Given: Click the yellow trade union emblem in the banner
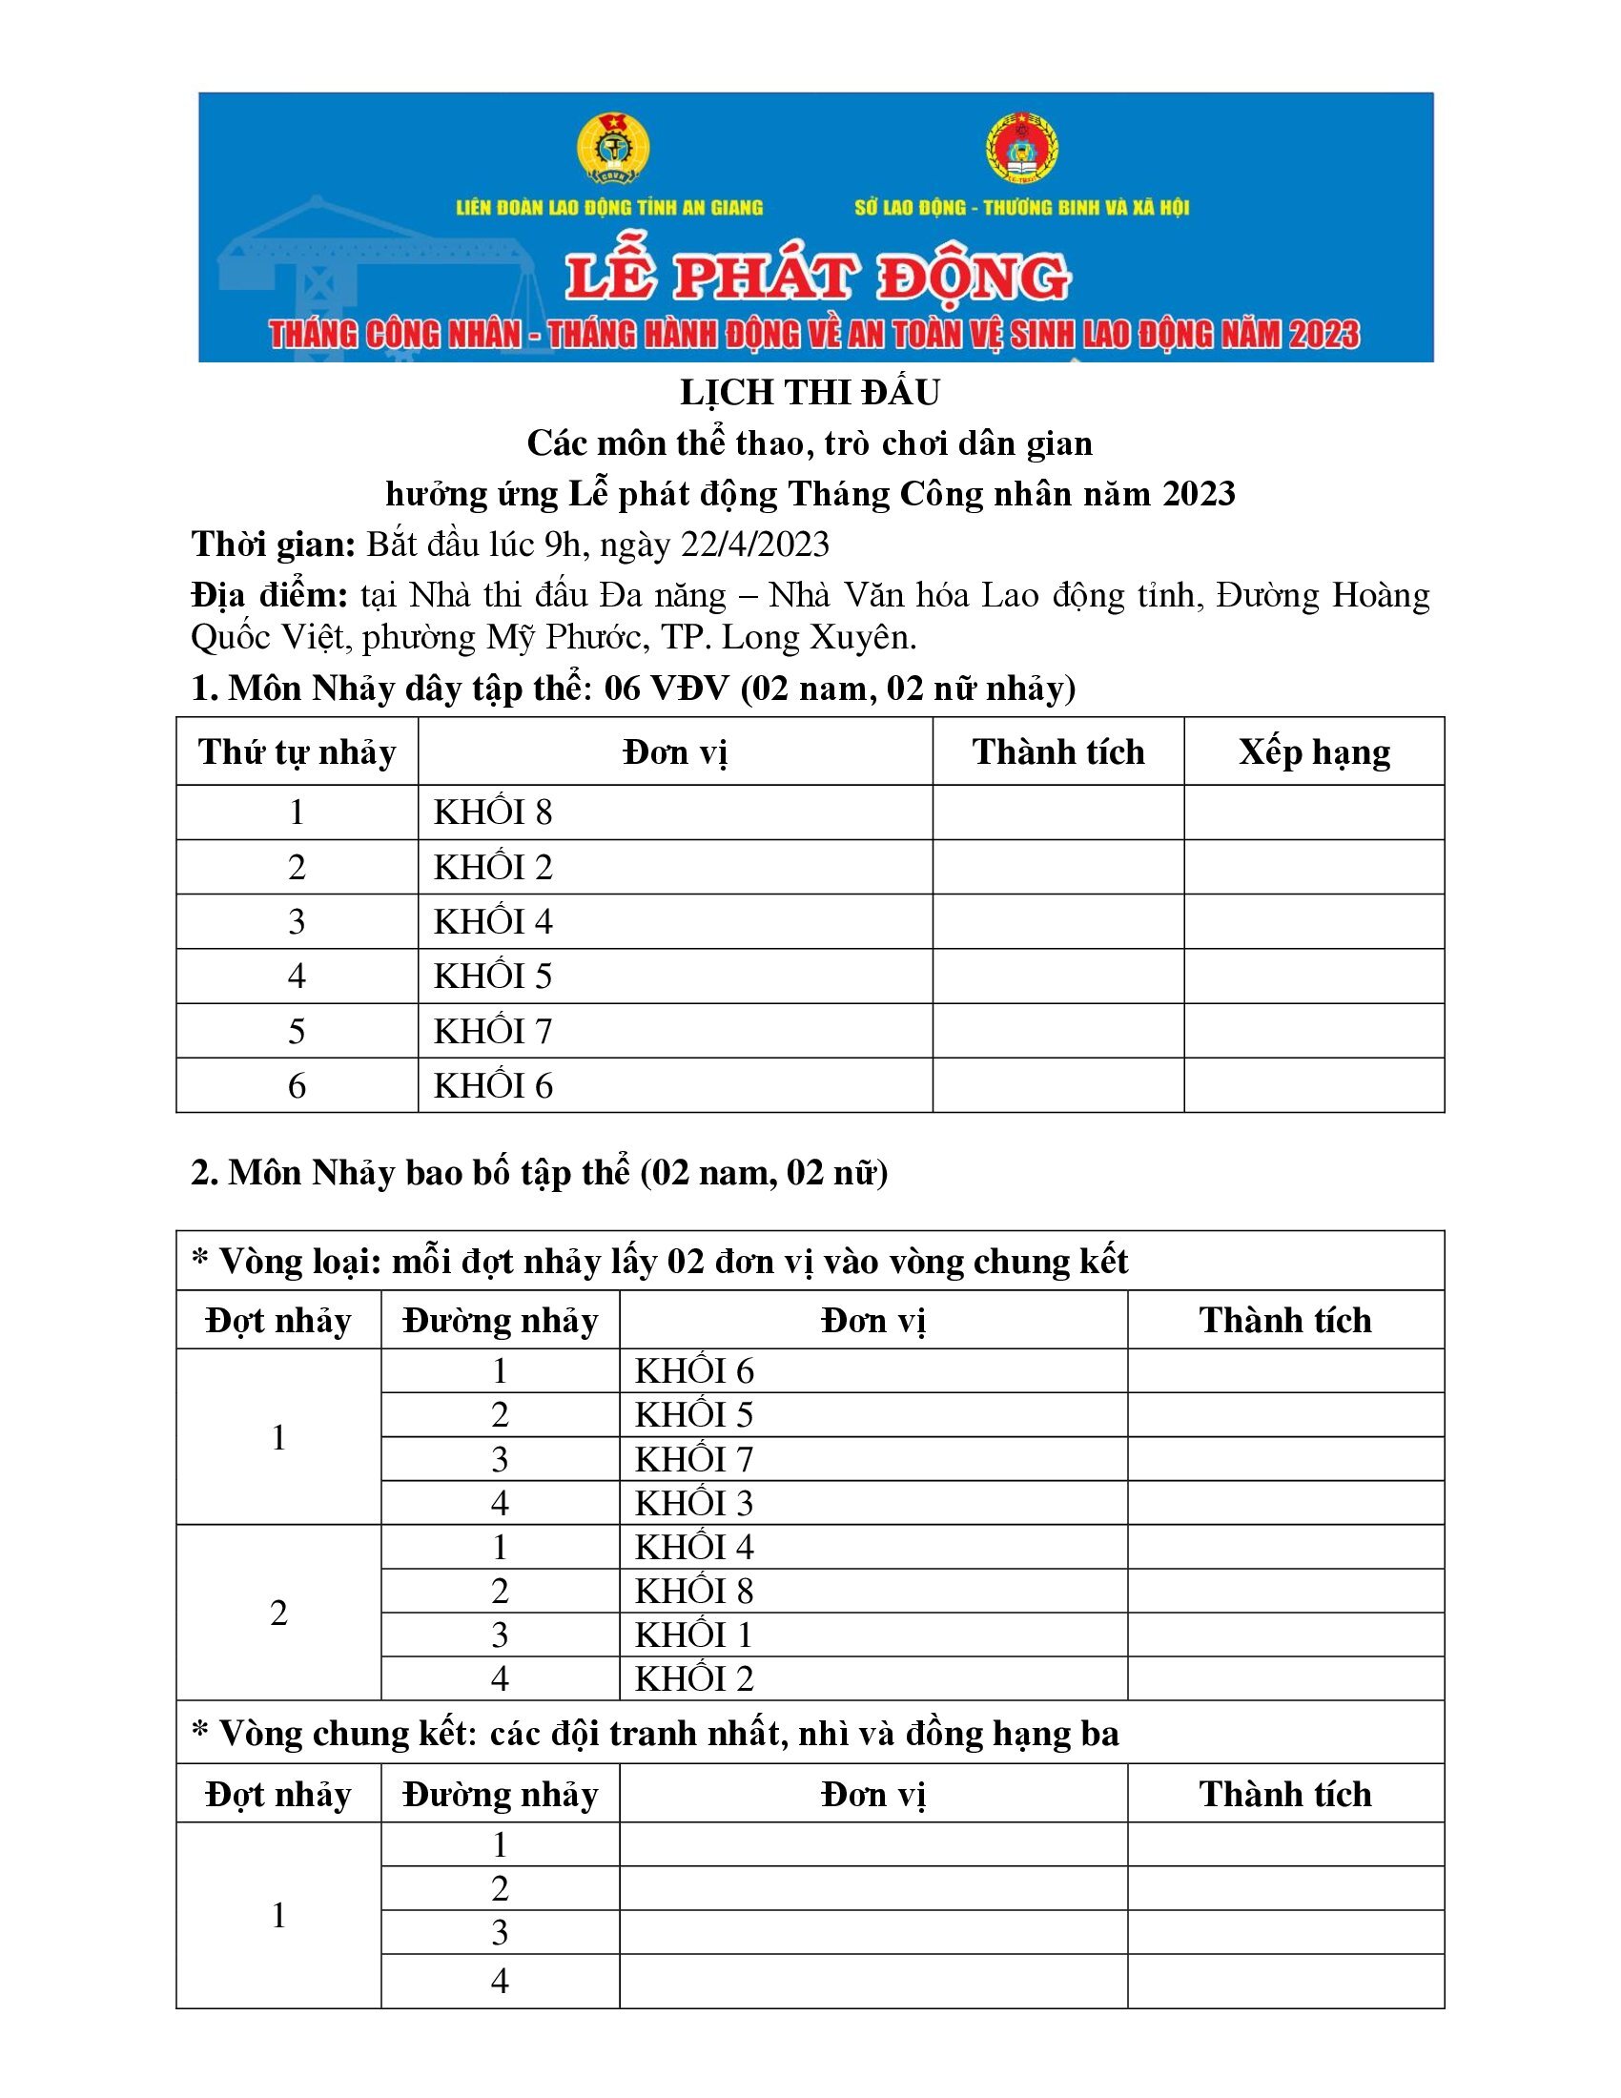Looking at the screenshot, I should (x=613, y=149).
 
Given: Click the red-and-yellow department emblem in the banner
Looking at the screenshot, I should (x=1022, y=149).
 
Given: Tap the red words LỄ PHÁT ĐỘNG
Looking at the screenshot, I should (x=816, y=278).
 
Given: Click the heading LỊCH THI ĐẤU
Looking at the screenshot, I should (x=810, y=393).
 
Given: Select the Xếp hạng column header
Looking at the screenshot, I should (x=1314, y=752).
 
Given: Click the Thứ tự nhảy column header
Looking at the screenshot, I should (x=297, y=752).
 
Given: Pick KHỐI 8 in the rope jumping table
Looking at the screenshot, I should (x=493, y=812).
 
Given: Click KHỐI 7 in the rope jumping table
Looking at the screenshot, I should (x=493, y=1032).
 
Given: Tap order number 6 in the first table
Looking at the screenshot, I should (x=297, y=1086).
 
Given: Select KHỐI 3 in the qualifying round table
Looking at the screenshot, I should (x=693, y=1503).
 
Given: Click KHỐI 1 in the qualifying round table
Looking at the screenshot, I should (x=693, y=1635).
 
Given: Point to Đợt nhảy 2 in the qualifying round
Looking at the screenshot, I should (x=278, y=1613).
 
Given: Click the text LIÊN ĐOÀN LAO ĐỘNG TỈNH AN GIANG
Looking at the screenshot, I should (x=609, y=208).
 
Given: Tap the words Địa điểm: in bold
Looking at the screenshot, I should (x=270, y=596).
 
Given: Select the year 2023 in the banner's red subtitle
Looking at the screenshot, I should (x=1323, y=335).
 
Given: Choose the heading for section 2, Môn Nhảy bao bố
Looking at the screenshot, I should (x=539, y=1173).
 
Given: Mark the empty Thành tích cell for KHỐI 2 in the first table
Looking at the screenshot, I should (x=1058, y=868).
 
